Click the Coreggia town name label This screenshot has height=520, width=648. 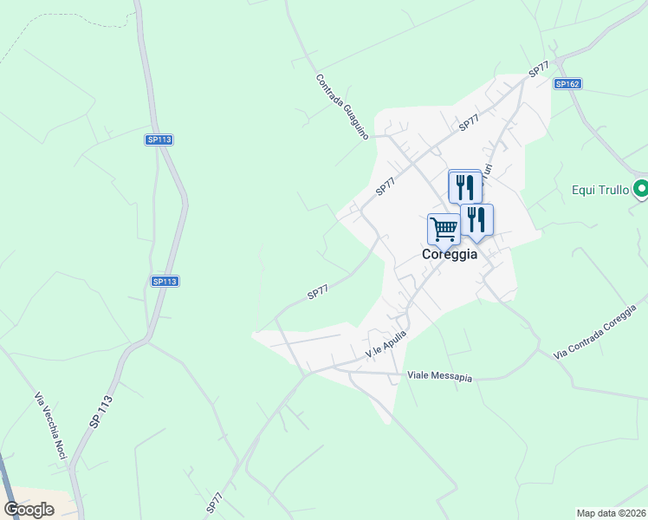pyautogui.click(x=450, y=255)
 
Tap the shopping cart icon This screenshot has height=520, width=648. pyautogui.click(x=444, y=230)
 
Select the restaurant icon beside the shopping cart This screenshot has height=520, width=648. pyautogui.click(x=476, y=219)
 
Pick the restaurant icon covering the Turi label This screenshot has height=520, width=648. pyautogui.click(x=465, y=186)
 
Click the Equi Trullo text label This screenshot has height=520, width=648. pyautogui.click(x=599, y=189)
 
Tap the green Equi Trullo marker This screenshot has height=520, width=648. pyautogui.click(x=640, y=188)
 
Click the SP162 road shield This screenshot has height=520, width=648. pyautogui.click(x=567, y=84)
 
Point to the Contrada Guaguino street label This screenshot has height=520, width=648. pyautogui.click(x=342, y=107)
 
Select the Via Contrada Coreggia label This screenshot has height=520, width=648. pyautogui.click(x=600, y=333)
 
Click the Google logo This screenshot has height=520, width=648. pyautogui.click(x=29, y=510)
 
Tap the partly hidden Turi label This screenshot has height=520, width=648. pyautogui.click(x=488, y=172)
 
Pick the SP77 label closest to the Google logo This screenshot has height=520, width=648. pyautogui.click(x=214, y=504)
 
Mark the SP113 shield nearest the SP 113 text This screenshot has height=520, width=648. pyautogui.click(x=164, y=282)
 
